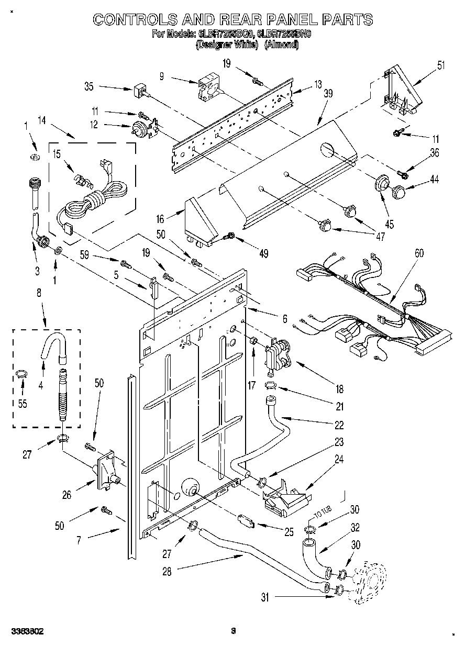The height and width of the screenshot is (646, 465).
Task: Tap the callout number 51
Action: (x=441, y=65)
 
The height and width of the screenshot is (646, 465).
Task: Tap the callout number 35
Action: (x=88, y=87)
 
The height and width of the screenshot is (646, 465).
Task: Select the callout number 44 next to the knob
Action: (x=434, y=179)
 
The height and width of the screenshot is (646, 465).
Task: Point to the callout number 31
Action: (x=265, y=597)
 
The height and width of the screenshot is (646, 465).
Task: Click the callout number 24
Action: (x=339, y=460)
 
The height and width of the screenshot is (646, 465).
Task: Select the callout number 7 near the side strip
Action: (x=79, y=540)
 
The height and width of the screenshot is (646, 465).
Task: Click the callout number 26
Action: (x=67, y=494)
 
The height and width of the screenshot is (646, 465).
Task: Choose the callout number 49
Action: (x=263, y=253)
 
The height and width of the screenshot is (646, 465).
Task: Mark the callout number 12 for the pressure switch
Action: (x=94, y=125)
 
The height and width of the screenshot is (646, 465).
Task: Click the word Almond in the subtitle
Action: (x=282, y=45)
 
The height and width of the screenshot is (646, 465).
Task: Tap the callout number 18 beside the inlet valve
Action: (x=339, y=389)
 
